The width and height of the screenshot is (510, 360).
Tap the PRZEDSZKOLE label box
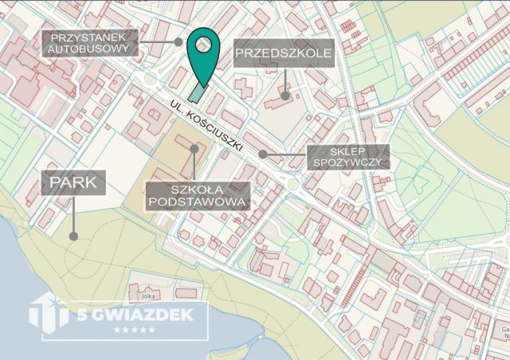point(283,54)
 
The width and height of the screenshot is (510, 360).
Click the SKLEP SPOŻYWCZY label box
point(348,156)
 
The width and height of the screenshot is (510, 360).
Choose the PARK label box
point(74,183)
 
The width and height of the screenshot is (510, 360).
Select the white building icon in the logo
point(49,311)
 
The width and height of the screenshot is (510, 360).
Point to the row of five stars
point(135,330)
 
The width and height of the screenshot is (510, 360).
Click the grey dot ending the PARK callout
point(73,236)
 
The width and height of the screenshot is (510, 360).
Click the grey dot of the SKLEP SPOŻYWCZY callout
point(262,154)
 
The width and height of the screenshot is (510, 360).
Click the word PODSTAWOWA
point(198,203)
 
